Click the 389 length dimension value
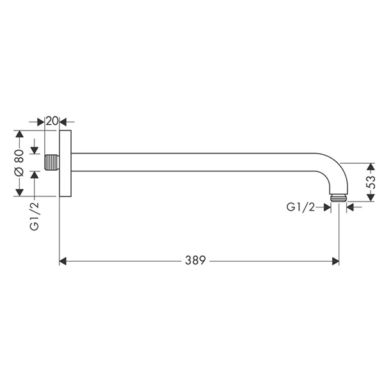pyautogui.click(x=195, y=260)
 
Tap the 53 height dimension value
pyautogui.click(x=371, y=182)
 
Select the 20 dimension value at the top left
pyautogui.click(x=52, y=121)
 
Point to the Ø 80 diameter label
pyautogui.click(x=20, y=163)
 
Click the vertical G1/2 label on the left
pyautogui.click(x=35, y=216)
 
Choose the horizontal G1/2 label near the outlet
pyautogui.click(x=301, y=207)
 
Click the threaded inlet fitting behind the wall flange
pyautogui.click(x=52, y=162)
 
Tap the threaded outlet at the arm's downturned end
pyautogui.click(x=339, y=198)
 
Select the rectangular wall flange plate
pyautogui.click(x=65, y=163)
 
